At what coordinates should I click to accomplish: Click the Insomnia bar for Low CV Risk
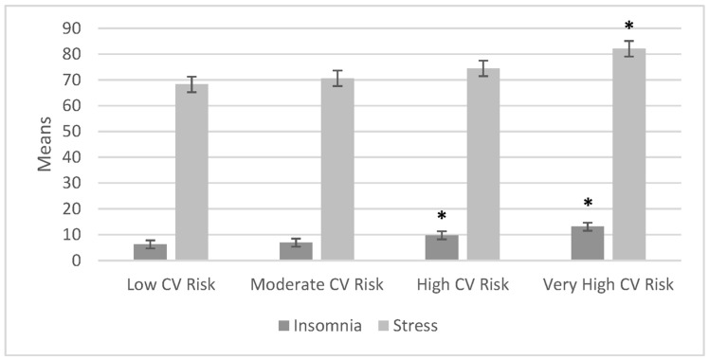point(150,252)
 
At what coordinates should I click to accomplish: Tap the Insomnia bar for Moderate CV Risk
point(296,251)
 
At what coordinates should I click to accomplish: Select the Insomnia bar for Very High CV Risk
point(587,243)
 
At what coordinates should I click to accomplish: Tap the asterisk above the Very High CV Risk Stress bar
point(628,26)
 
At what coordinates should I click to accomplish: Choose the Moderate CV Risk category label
point(317,285)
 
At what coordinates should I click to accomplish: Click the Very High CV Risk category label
point(608,285)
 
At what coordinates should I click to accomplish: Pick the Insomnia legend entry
point(323,326)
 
